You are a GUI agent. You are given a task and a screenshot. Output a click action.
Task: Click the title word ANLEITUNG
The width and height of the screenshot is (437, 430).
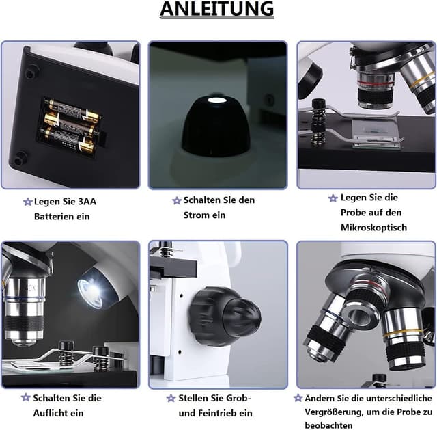click(217, 9)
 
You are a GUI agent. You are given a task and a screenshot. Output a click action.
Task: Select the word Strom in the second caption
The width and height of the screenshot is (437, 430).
click(196, 215)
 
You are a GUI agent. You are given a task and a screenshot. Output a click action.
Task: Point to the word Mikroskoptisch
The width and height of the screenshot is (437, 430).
click(373, 228)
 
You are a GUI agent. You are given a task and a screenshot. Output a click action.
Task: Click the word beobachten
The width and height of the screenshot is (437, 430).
click(328, 425)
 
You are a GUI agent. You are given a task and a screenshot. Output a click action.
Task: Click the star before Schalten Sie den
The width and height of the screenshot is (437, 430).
click(177, 200)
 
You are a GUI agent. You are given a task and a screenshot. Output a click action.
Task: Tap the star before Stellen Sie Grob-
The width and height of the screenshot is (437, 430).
click(171, 398)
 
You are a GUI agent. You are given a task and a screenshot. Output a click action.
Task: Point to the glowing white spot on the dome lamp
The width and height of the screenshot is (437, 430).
click(216, 100)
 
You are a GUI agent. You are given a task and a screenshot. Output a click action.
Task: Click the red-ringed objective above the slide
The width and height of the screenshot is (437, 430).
click(375, 90)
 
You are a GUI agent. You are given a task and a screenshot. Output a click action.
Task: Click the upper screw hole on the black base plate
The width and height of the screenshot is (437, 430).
click(31, 72)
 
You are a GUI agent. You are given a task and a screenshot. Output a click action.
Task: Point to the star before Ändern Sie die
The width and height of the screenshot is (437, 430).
click(298, 398)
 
